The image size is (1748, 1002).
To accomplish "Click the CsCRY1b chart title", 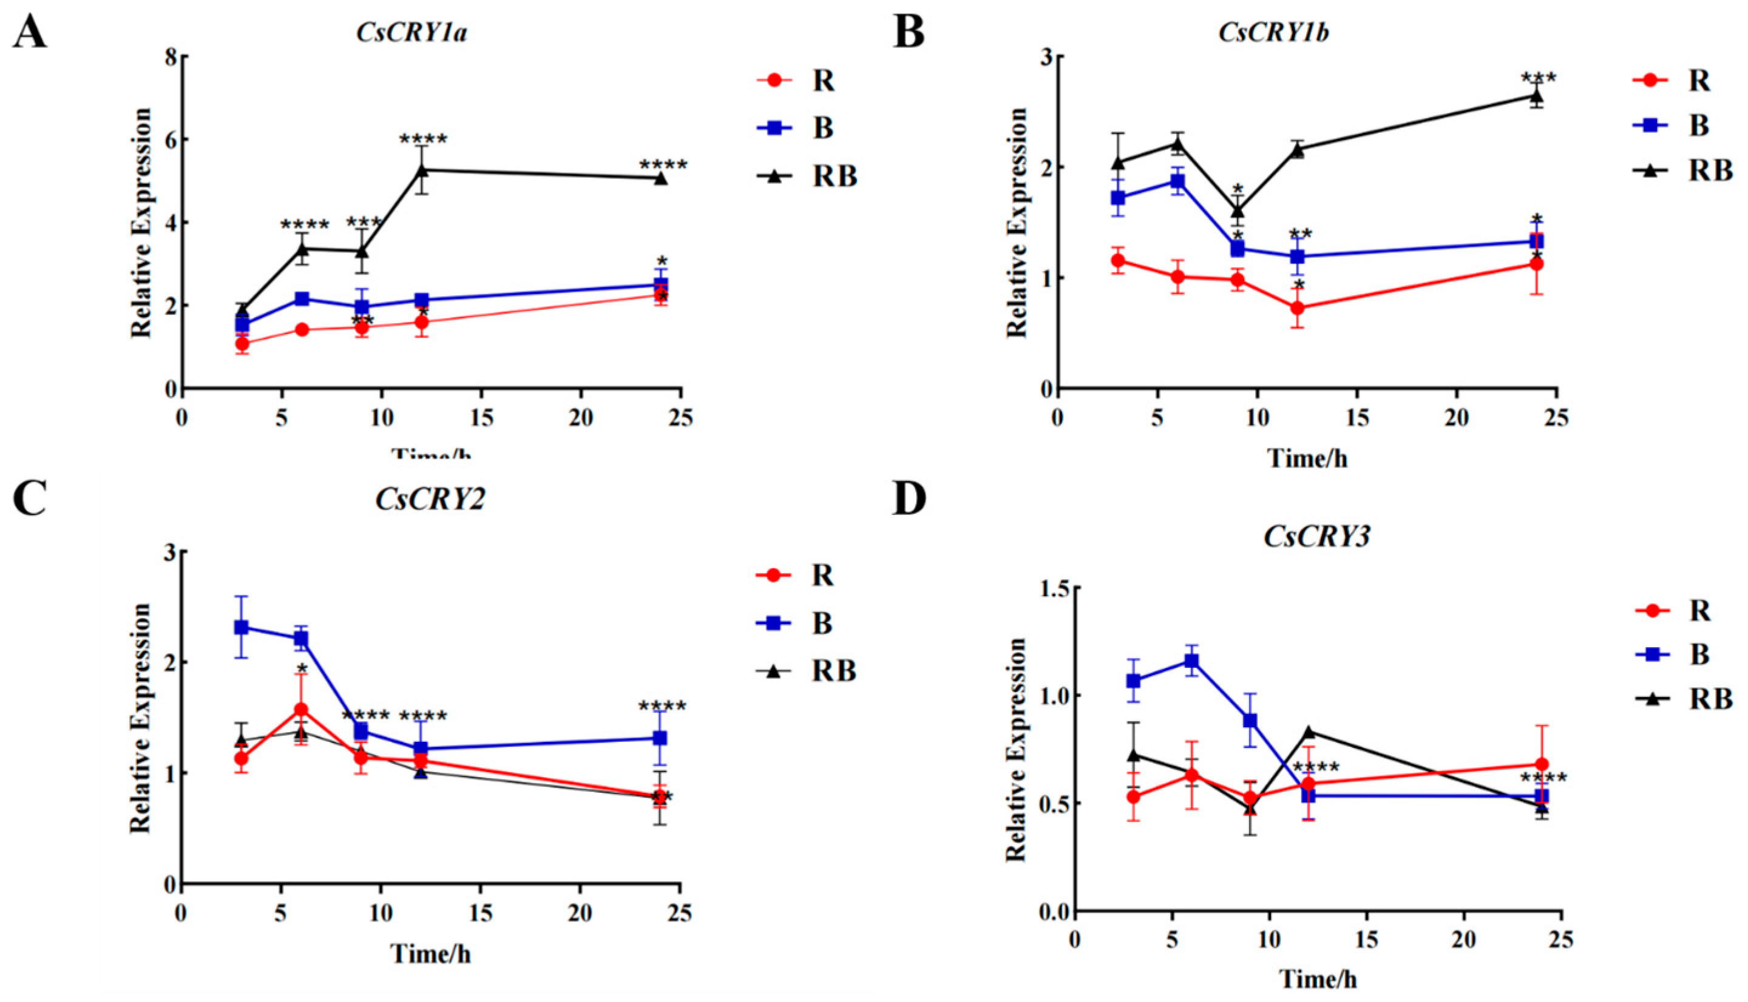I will pyautogui.click(x=1273, y=32).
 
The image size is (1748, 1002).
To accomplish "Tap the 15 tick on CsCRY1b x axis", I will pyautogui.click(x=1357, y=417).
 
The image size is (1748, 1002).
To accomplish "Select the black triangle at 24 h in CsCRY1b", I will pyautogui.click(x=1535, y=96).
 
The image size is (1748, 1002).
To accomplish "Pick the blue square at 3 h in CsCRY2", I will pyautogui.click(x=242, y=627).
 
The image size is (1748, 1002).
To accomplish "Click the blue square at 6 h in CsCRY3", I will pyautogui.click(x=1191, y=661).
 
